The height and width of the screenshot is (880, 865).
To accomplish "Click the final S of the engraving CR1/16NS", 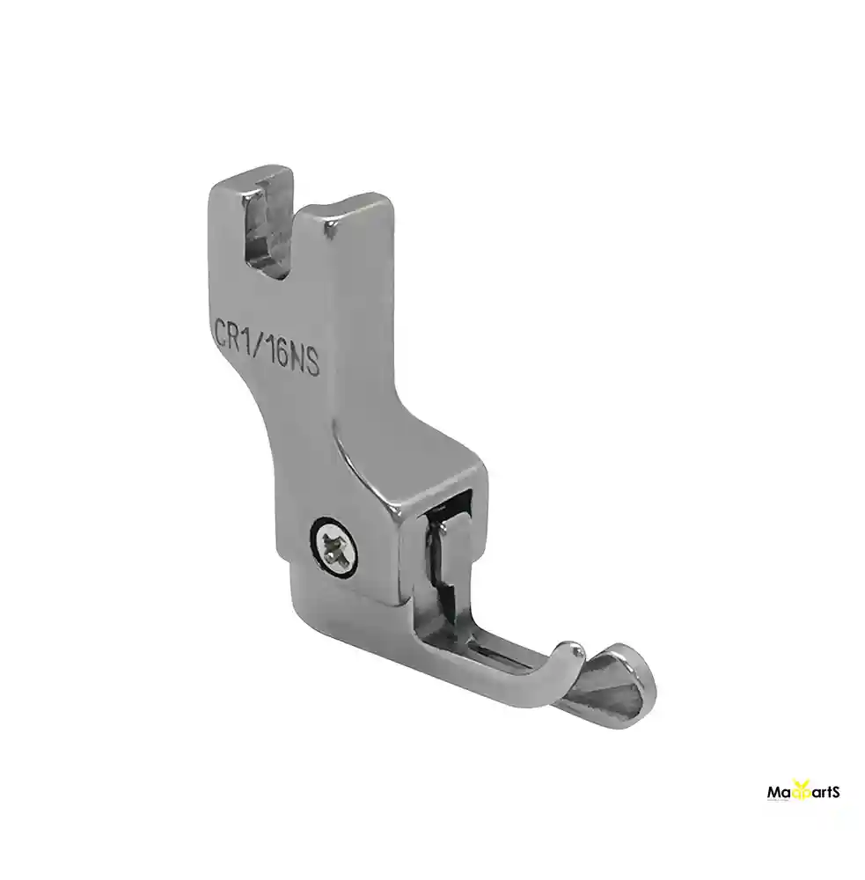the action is pyautogui.click(x=312, y=361).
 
